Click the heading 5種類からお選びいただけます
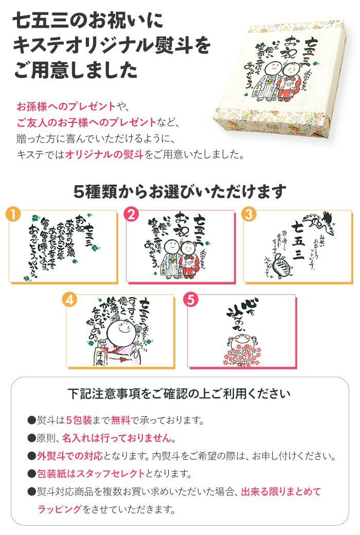[179, 191]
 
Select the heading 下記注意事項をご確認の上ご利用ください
[179, 394]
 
